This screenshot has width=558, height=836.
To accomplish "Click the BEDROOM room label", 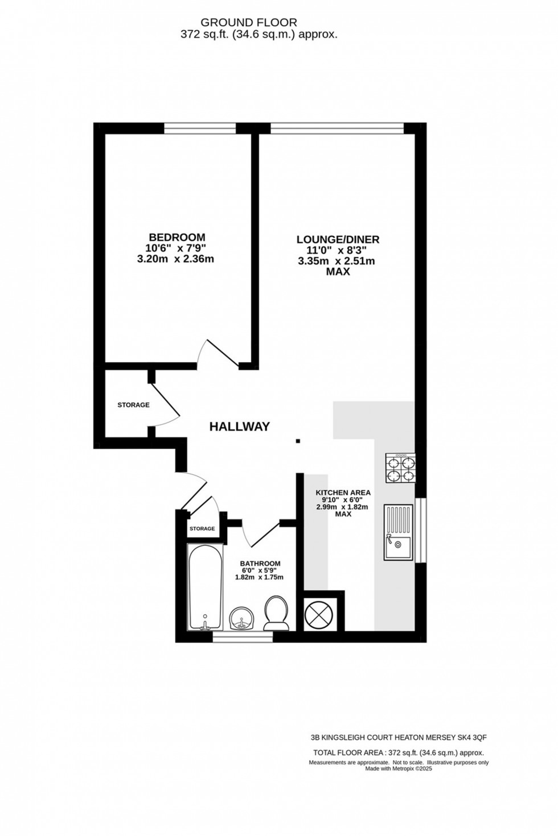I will point(177,237).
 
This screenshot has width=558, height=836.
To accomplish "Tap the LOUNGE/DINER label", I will point(338,239).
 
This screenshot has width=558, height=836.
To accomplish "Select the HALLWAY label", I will point(239,427).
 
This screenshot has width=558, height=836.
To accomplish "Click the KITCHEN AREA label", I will point(343,493).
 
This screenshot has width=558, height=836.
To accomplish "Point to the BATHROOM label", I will point(260,564).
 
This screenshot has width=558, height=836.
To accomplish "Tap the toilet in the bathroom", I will point(276,612).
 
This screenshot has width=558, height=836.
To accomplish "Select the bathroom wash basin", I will point(242,619).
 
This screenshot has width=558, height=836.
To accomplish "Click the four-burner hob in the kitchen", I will point(400,468).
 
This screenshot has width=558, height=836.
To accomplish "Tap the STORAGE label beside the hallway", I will point(133,405).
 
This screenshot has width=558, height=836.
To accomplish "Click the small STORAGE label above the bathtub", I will point(202,528).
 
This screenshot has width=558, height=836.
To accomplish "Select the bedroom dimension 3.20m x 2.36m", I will point(177,259).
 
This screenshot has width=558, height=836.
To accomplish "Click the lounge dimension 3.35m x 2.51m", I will point(337,261).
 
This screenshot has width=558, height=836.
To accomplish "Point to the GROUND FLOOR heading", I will point(249,23).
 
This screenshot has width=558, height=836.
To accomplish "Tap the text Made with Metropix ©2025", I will point(399,768).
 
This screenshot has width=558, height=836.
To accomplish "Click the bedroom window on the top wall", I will point(200,129).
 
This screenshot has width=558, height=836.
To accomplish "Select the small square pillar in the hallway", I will point(298,441).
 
